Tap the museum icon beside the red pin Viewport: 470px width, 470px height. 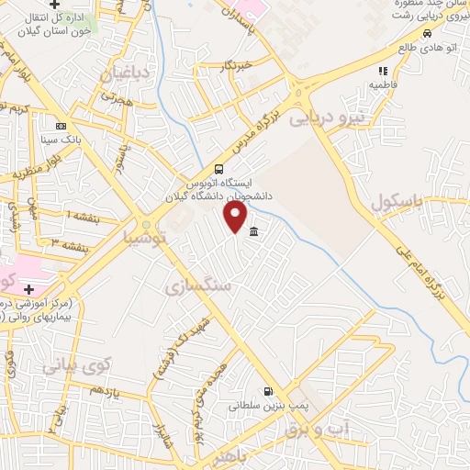click(253, 230)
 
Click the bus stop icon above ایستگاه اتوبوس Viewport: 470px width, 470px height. click(218, 169)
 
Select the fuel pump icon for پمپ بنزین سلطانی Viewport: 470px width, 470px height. click(267, 389)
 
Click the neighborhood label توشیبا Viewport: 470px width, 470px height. click(147, 238)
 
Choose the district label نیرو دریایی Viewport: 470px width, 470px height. click(326, 117)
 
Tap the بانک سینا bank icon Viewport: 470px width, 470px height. click(61, 127)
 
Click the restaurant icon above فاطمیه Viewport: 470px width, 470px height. click(383, 70)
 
